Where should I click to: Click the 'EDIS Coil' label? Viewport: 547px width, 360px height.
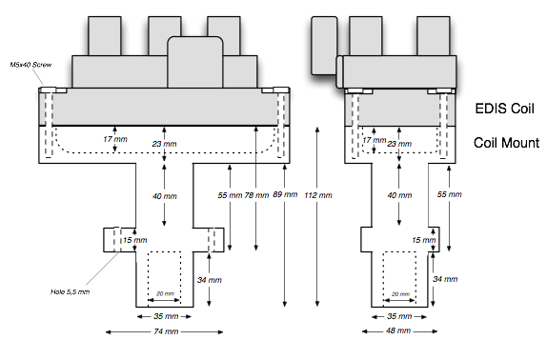[x=504, y=109]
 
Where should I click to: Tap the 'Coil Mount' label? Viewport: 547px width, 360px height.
[x=506, y=143]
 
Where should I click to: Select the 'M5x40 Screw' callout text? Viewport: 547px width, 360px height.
[x=30, y=65]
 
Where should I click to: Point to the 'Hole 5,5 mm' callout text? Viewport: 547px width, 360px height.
[x=70, y=291]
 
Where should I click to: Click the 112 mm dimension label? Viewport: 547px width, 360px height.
[x=318, y=195]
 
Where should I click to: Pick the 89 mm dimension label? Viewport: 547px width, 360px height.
[x=285, y=194]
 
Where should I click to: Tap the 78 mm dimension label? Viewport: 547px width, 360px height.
[x=256, y=195]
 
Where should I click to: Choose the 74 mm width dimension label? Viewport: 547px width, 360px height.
[x=166, y=331]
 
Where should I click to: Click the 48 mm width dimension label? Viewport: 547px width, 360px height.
[x=398, y=330]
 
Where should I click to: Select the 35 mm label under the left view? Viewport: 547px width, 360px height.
[x=166, y=316]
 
